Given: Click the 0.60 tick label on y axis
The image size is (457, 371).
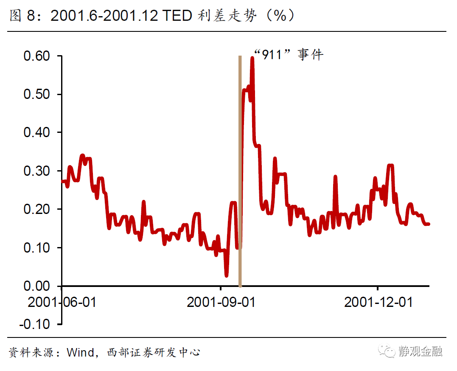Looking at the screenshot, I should pos(37,56).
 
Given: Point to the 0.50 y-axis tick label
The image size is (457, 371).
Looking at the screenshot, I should pos(37,94).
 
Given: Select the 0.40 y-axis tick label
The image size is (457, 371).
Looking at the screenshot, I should pos(37,132).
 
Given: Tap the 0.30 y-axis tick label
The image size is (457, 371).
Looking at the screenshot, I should pos(37,171).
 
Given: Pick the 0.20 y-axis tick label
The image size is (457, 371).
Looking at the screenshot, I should pos(37,209).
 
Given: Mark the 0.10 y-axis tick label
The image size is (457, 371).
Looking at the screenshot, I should pos(37,247).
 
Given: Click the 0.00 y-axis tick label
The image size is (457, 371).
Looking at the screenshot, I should pos(37,286).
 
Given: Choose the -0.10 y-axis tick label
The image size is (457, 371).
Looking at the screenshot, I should pos(35,324).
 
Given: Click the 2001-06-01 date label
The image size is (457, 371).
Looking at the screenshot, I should pos(62,302).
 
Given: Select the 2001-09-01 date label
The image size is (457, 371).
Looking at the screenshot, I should pos(221,302).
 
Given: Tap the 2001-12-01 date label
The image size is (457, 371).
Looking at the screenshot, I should pos(378,302).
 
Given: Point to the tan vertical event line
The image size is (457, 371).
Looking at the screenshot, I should pos(240,170).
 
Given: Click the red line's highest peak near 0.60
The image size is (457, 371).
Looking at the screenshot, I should pos(252,58).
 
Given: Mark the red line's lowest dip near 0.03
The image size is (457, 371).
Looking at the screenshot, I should pos(227,275).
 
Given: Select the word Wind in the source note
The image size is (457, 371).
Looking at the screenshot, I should pos(80,352).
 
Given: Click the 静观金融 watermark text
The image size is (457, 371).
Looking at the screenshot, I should pos(420,351).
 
